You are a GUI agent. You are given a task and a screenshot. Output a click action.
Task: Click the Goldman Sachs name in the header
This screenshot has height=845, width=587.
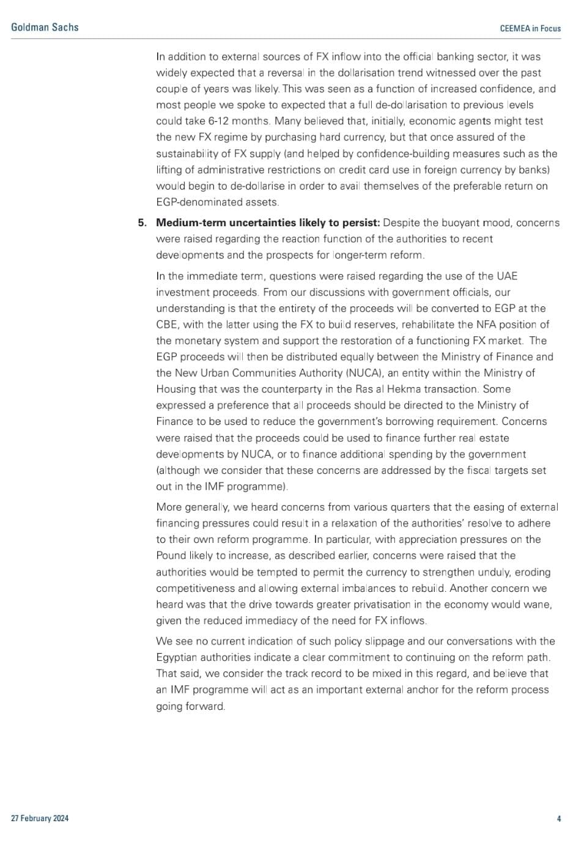pos(45,27)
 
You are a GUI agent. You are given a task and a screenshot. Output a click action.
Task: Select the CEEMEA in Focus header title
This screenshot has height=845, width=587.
pos(530,28)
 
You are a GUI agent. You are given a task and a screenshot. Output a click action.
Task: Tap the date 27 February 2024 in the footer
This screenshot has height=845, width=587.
pos(40,818)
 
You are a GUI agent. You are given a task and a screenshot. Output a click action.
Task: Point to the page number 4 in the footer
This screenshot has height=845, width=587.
pos(559,818)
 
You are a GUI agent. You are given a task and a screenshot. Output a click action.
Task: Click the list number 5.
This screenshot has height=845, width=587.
pos(142,223)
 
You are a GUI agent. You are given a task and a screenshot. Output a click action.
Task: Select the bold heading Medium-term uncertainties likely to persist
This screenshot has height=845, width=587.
pos(268,223)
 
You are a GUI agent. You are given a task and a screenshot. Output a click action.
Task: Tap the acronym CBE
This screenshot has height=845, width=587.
pos(168,325)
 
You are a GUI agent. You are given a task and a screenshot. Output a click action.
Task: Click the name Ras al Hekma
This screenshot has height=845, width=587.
pos(446,389)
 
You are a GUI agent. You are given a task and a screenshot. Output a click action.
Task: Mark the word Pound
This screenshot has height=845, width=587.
pos(171,556)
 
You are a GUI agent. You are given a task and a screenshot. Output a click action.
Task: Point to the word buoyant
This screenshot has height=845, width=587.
pos(457,223)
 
